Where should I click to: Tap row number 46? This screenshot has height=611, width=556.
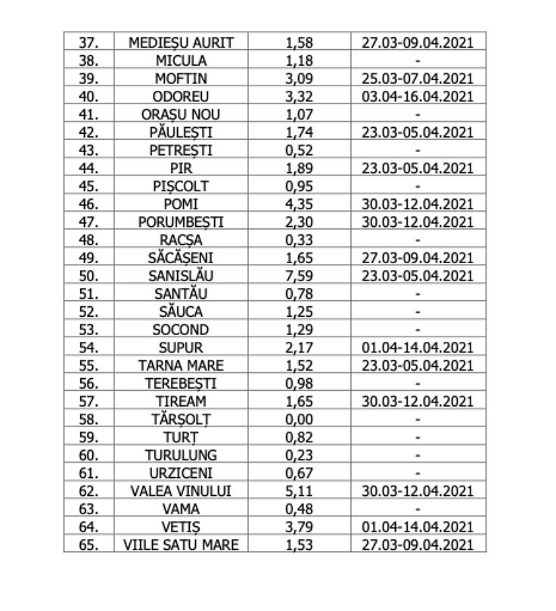(x=89, y=206)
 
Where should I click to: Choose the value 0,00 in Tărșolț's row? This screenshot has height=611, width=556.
(x=300, y=418)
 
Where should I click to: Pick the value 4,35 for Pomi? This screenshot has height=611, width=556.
(x=300, y=206)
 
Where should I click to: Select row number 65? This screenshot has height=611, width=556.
(x=89, y=544)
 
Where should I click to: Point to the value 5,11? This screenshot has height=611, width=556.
(x=300, y=489)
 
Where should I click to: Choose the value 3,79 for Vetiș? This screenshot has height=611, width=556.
(x=300, y=526)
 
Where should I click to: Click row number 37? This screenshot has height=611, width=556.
(x=89, y=40)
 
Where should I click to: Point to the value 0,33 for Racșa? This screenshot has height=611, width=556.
(x=300, y=240)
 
